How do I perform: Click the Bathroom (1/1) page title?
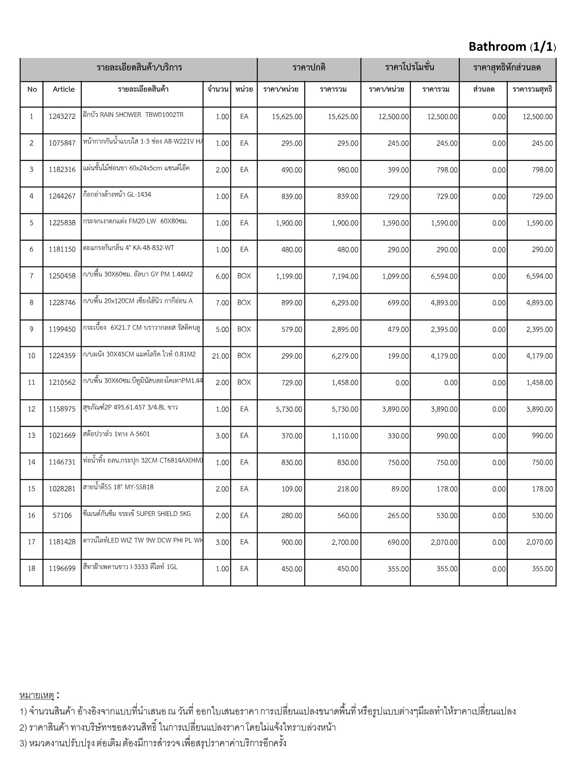(512, 47)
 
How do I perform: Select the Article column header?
(64, 89)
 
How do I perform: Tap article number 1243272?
(62, 117)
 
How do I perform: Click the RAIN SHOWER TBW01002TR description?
(133, 115)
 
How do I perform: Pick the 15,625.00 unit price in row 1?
(287, 117)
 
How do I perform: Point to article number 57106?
(62, 516)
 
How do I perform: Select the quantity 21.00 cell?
(220, 356)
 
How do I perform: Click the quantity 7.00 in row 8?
(222, 303)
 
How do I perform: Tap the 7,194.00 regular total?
(345, 276)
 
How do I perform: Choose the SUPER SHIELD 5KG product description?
(137, 514)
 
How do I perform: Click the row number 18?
(31, 569)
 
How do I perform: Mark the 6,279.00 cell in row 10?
(345, 356)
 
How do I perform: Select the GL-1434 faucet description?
(117, 194)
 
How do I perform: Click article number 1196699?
(62, 569)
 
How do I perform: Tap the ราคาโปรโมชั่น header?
(410, 68)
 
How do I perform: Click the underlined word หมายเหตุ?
(37, 695)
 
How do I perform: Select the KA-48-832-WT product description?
(129, 248)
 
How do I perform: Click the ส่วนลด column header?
(484, 89)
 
